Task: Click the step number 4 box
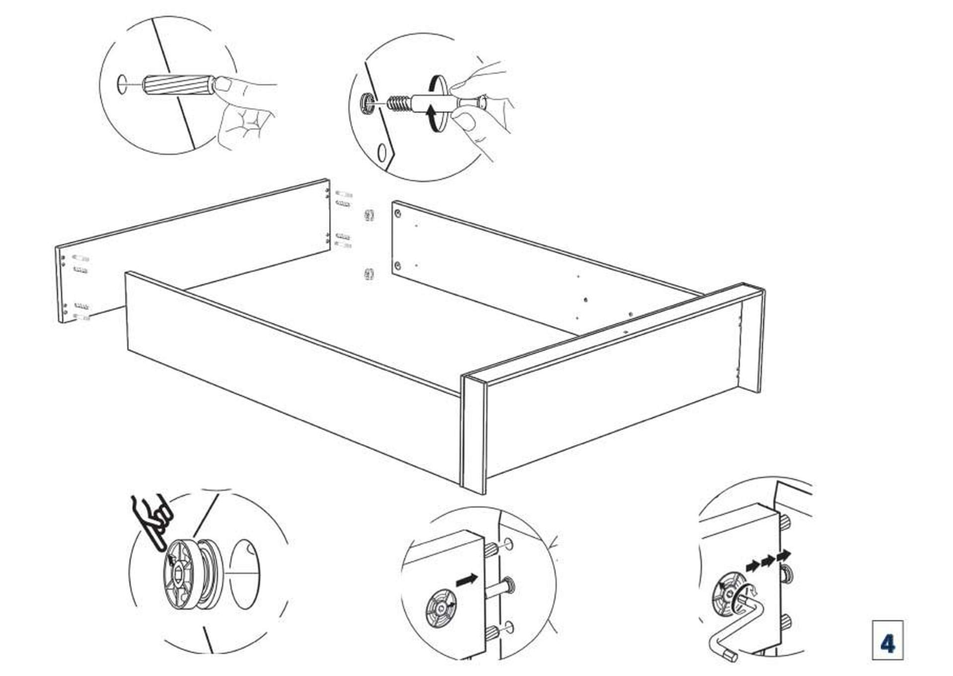coord(887,640)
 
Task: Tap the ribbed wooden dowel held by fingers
coord(179,86)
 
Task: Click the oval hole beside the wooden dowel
coord(121,84)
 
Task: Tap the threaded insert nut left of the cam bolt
coord(366,102)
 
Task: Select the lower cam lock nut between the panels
coord(369,274)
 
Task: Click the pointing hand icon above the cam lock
coord(153,521)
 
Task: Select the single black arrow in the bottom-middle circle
coord(467,579)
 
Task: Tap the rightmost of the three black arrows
coord(784,554)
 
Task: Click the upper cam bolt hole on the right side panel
coord(398,214)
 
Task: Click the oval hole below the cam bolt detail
coord(382,152)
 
